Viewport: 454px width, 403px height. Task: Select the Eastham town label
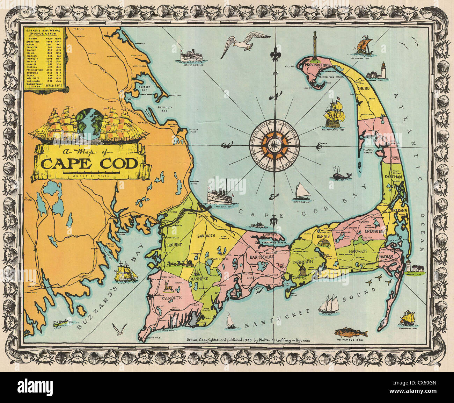pyautogui.click(x=394, y=177)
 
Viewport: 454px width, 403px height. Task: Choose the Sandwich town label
pyautogui.click(x=207, y=236)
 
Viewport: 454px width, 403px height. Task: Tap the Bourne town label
pyautogui.click(x=175, y=245)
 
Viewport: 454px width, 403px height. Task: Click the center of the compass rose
pyautogui.click(x=274, y=143)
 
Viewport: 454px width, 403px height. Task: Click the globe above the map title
pyautogui.click(x=89, y=122)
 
